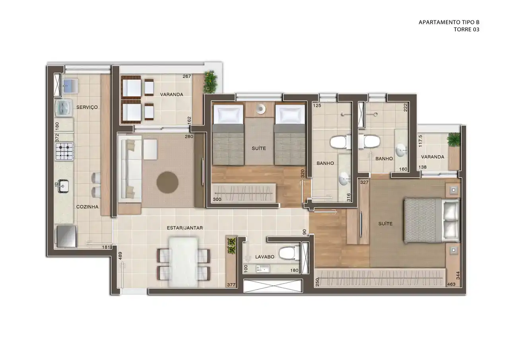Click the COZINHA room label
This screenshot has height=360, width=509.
tap(87, 207)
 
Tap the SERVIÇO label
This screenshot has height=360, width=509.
tap(87, 107)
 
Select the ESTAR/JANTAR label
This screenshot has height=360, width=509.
tap(185, 228)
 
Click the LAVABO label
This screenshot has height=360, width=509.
tap(265, 257)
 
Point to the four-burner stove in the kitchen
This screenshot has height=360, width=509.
tap(64, 151)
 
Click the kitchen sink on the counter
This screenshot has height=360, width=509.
tap(62, 186)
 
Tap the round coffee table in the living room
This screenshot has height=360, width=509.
tap(167, 183)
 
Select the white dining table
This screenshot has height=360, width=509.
tap(184, 262)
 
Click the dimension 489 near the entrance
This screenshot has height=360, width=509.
tap(120, 256)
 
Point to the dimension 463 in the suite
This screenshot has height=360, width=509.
tap(451, 284)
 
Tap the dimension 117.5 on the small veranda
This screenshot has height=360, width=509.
tap(420, 141)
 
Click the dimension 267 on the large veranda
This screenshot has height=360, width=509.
tap(187, 76)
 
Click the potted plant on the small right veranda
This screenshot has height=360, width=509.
tap(454, 140)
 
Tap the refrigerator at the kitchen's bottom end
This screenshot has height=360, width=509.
tap(66, 236)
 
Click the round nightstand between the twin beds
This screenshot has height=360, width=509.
tap(261, 109)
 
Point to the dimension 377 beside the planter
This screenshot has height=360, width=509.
tap(231, 285)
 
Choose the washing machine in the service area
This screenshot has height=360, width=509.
tap(64, 108)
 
